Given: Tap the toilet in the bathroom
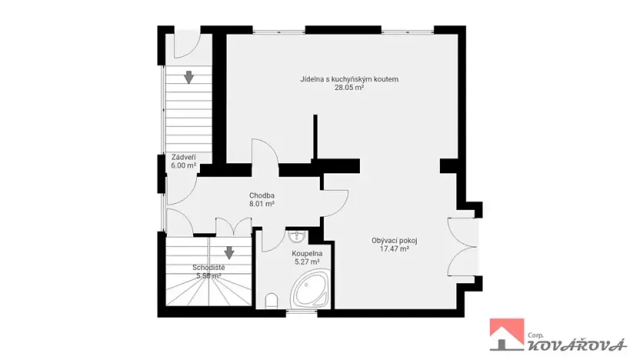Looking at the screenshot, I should [x=270, y=301].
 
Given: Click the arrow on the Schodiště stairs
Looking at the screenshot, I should [x=229, y=252].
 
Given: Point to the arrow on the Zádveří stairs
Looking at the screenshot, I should [x=188, y=76].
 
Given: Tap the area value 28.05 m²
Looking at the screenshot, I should [x=348, y=88].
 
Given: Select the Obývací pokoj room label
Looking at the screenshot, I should [x=394, y=240].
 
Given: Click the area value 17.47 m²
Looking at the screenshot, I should [x=394, y=248].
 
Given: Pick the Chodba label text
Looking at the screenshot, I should [x=262, y=195].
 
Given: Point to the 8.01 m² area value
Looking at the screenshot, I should [x=262, y=205].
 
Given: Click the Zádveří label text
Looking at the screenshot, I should [x=183, y=156].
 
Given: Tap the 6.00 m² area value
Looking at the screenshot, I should [x=183, y=165].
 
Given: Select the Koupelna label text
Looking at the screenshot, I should [x=305, y=253].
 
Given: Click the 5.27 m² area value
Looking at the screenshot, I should [x=305, y=262].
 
